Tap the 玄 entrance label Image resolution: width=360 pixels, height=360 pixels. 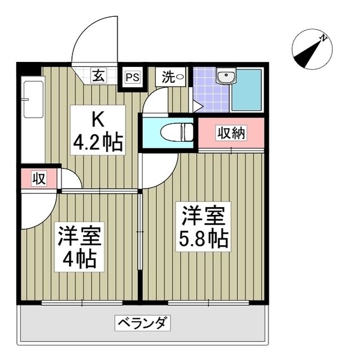[98, 76]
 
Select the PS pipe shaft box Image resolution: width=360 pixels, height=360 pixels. [133, 76]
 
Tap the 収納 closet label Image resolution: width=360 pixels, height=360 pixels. [232, 133]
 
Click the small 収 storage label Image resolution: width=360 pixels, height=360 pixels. [38, 179]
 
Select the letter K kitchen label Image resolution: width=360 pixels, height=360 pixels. [97, 119]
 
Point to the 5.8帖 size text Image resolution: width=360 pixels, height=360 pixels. [203, 240]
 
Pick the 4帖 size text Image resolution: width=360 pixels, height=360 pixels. [80, 259]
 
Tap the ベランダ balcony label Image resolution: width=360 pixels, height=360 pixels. [143, 323]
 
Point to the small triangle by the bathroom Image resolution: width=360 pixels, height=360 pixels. [196, 105]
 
